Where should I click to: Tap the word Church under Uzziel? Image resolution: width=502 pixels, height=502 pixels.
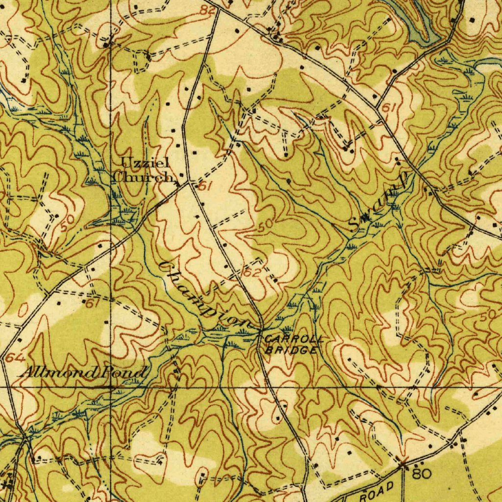[x=143, y=177]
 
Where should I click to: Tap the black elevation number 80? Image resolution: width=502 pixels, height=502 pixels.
[x=422, y=474]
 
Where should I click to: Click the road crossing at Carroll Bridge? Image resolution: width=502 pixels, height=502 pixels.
[x=261, y=330]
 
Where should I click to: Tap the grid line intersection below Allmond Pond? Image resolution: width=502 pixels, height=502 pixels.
[x=110, y=387]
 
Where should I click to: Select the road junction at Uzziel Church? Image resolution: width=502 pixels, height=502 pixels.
[x=189, y=184]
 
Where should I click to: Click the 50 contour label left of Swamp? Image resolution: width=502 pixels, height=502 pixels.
[x=265, y=225]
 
